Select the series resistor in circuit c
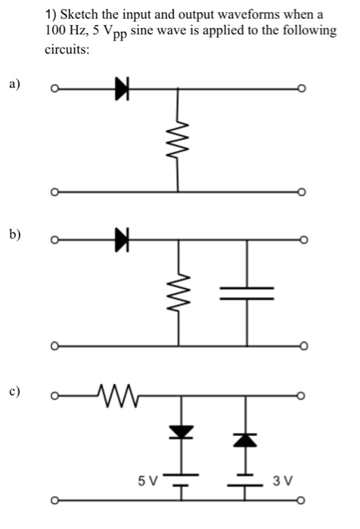click(115, 394)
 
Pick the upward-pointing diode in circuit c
click(247, 438)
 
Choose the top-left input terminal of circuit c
click(54, 394)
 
